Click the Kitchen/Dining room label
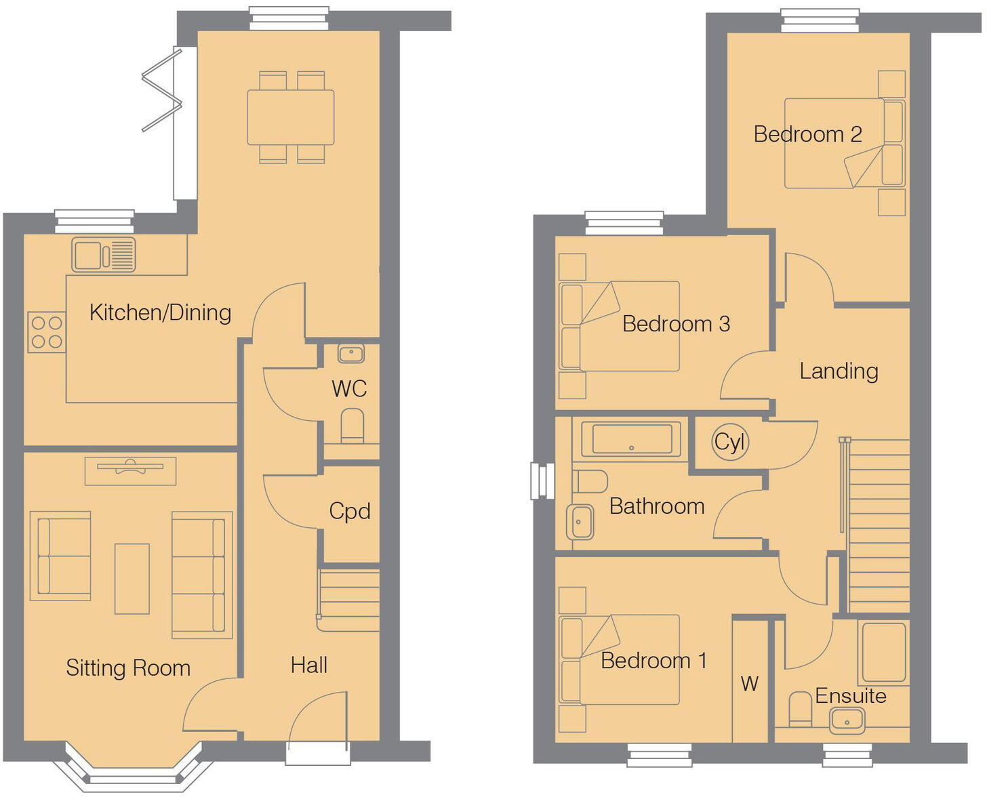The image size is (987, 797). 161,312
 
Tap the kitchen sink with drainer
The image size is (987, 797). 104,255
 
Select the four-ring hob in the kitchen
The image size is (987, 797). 47,332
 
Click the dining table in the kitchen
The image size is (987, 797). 291,117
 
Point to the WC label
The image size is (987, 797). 349,389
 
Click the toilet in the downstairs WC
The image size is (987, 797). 352,425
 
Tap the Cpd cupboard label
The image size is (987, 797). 350,511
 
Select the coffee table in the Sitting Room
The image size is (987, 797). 132,578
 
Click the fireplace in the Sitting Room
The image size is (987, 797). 130,470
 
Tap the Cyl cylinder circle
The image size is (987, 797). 729,443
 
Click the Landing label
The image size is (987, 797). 839,371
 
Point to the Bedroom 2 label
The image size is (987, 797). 807,134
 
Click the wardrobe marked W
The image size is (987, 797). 750,681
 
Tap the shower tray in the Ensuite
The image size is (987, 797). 883,652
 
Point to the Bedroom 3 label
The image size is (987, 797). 676,324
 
